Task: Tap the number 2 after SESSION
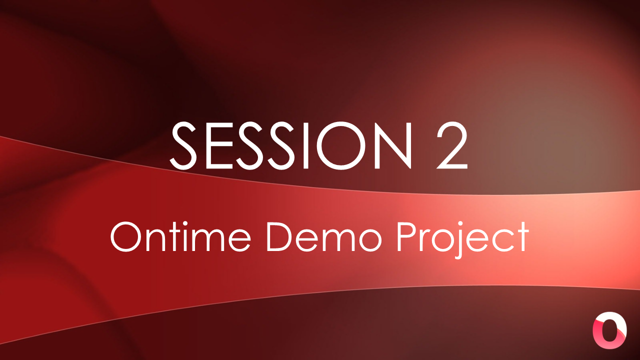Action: click(451, 145)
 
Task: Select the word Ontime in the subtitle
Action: click(180, 237)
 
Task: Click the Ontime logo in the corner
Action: click(609, 330)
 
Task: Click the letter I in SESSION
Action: click(305, 146)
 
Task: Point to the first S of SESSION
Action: click(183, 146)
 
